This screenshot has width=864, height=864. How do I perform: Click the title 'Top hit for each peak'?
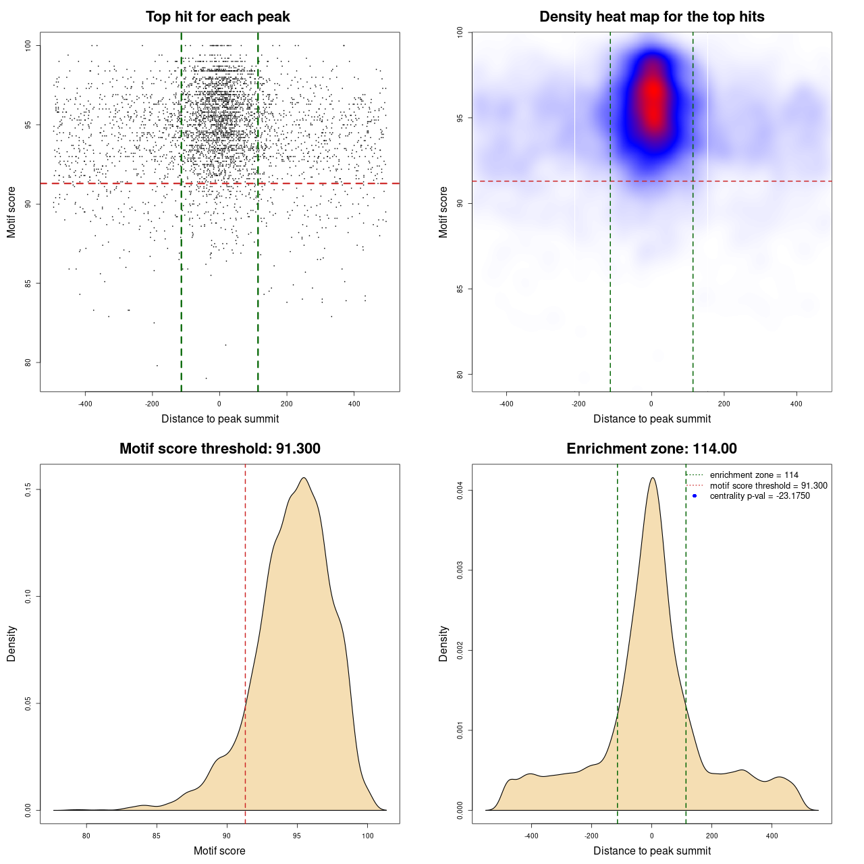point(218,17)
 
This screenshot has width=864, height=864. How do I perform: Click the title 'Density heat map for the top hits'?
point(652,17)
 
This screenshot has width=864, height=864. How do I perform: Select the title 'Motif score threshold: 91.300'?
point(220,449)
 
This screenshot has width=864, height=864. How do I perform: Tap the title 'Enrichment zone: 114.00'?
point(652,449)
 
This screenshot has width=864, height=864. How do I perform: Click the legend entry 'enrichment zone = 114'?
point(754,475)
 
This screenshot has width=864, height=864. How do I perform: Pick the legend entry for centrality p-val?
point(759,496)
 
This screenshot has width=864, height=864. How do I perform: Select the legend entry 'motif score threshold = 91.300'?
point(768,486)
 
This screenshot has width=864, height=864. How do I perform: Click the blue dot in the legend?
point(695,496)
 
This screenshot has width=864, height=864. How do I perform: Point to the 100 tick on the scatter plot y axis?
point(28,45)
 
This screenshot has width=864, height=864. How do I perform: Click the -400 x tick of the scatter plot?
point(85,404)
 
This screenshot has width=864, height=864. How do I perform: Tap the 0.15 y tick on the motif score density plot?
point(28,489)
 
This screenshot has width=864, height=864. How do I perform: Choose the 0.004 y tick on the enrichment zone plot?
point(460,491)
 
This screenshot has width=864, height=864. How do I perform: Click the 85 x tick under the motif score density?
point(157,836)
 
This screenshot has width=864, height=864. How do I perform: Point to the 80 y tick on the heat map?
point(460,375)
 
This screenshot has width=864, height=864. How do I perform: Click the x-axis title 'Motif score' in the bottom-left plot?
point(219,851)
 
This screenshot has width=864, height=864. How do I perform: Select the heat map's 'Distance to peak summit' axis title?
point(652,419)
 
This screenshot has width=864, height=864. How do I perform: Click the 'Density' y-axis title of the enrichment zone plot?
point(443,644)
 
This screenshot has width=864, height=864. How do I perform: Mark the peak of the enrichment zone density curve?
point(652,478)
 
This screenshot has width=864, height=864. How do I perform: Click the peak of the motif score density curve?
point(304,478)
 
